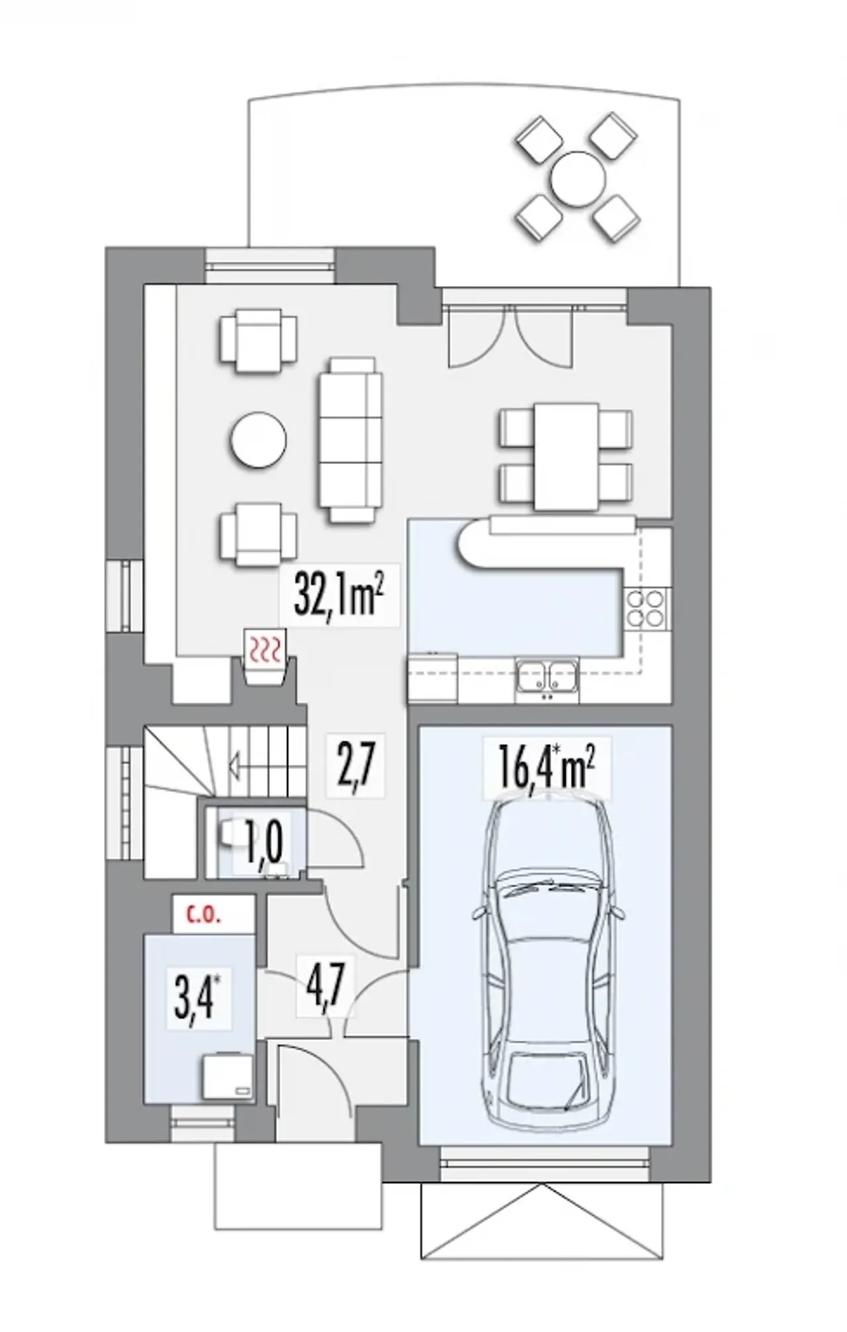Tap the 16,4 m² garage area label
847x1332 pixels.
coord(547,766)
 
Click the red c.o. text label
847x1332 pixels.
coord(204,917)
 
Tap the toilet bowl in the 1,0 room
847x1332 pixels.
coord(230,835)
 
